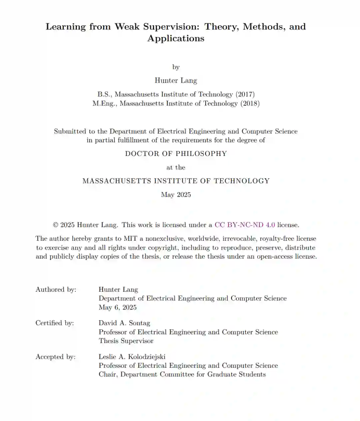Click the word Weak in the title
tap(127, 27)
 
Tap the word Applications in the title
tap(176, 38)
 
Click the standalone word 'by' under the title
tap(176, 67)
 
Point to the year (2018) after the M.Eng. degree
tap(250, 103)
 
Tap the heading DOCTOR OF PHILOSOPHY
tap(176, 154)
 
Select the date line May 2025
tap(176, 195)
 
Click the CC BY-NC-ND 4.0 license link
tap(245, 225)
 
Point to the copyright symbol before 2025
tap(56, 225)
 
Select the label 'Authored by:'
tap(56, 290)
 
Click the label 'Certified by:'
tap(55, 323)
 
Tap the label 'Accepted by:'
tap(56, 357)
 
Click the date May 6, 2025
tap(117, 307)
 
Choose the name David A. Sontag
tap(124, 323)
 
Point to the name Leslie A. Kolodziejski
tap(132, 357)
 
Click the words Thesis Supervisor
tap(126, 341)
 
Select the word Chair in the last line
tap(107, 374)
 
